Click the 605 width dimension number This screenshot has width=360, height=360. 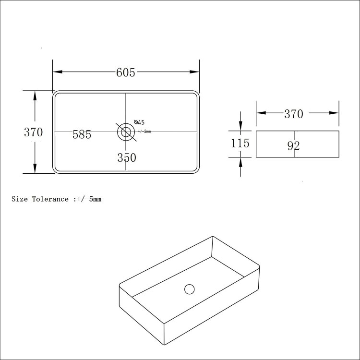pyautogui.click(x=126, y=72)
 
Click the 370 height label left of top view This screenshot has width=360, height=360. pyautogui.click(x=34, y=132)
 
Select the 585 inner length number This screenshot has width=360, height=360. pyautogui.click(x=82, y=135)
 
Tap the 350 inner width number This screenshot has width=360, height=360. pyautogui.click(x=127, y=157)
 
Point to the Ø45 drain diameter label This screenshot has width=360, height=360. pyautogui.click(x=140, y=122)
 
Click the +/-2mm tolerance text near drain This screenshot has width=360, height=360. pyautogui.click(x=144, y=132)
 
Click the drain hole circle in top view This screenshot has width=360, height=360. pyautogui.click(x=126, y=131)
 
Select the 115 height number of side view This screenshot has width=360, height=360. pyautogui.click(x=240, y=143)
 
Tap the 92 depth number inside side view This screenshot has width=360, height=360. pyautogui.click(x=294, y=146)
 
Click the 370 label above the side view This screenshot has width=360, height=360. pyautogui.click(x=294, y=114)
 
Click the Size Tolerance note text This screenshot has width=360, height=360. pyautogui.click(x=56, y=199)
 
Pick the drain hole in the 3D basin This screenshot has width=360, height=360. pyautogui.click(x=190, y=289)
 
